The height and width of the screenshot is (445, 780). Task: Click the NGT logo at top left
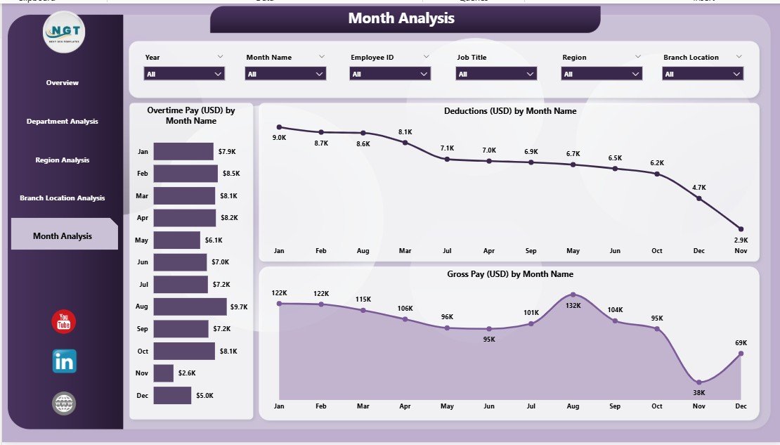(x=65, y=31)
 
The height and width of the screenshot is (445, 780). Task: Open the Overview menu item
(x=63, y=83)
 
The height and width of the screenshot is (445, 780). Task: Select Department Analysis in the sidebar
(x=63, y=122)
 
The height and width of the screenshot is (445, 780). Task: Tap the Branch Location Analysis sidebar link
(x=63, y=198)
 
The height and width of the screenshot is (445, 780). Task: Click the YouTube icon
(x=64, y=322)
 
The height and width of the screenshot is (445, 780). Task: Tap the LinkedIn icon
(x=64, y=361)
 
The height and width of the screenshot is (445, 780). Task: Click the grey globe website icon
(x=64, y=403)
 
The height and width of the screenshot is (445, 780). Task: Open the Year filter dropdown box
(x=184, y=74)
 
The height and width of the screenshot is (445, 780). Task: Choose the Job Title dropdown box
(x=497, y=74)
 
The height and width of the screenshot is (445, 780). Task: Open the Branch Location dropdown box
(x=703, y=74)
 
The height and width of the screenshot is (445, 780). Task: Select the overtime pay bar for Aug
(x=190, y=307)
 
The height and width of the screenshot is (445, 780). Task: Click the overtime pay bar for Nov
(x=163, y=373)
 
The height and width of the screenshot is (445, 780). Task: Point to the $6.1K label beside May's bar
(x=213, y=240)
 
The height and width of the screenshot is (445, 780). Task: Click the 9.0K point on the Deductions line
(x=279, y=127)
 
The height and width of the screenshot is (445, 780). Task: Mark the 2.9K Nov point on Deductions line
(x=741, y=228)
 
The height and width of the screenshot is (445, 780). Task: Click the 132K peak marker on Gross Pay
(x=573, y=295)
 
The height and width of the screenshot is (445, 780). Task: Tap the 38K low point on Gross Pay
(x=698, y=382)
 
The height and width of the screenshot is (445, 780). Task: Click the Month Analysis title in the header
(x=401, y=19)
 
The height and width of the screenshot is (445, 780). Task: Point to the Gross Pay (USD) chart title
(x=509, y=274)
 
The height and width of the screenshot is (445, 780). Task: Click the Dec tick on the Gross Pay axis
(x=740, y=406)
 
